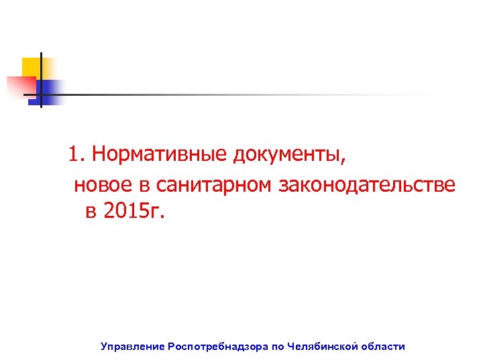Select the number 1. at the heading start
pyautogui.click(x=77, y=155)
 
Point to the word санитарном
pyautogui.click(x=216, y=184)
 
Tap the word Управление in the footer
pyautogui.click(x=132, y=347)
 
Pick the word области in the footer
pyautogui.click(x=383, y=347)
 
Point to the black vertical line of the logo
pyautogui.click(x=40, y=79)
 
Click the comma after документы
pyautogui.click(x=345, y=161)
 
